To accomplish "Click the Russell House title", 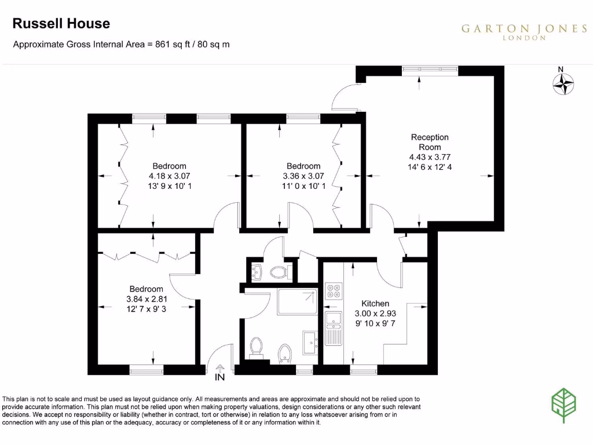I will pos(61,24).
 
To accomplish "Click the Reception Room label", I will pos(430,142).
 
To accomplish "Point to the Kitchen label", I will pos(375,304).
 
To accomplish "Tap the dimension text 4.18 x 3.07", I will pos(170,176).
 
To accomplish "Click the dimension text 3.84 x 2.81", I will pos(146,299).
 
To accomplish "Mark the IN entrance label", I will pos(219,378).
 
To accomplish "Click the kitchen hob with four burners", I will pos(334,290).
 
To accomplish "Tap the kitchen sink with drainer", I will pos(334,328).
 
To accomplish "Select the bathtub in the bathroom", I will pos(297,301).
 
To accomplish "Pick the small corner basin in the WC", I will pos(256,270).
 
